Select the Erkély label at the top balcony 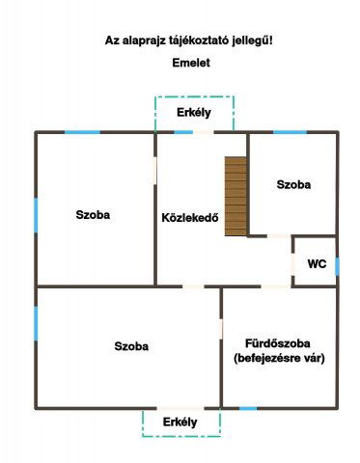194,113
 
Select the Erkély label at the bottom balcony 180,422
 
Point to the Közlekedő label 190,216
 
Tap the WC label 317,263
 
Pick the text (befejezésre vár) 279,359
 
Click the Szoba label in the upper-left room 93,215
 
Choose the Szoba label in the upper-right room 293,184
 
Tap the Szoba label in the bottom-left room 130,345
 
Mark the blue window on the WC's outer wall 337,265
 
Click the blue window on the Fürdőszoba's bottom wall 248,408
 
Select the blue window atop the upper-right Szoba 290,131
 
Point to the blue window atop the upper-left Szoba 82,131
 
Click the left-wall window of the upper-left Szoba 36,213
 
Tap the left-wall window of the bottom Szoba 36,322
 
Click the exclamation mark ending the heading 272,41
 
